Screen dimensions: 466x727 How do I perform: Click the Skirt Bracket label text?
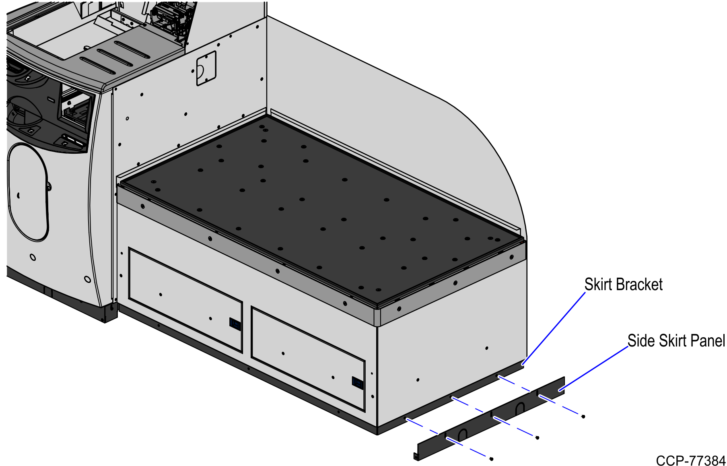pyautogui.click(x=623, y=285)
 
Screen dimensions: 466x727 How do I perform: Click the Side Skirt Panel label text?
pyautogui.click(x=676, y=341)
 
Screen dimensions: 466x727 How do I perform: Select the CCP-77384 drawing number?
pyautogui.click(x=690, y=460)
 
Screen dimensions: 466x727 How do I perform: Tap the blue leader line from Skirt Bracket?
pyautogui.click(x=554, y=328)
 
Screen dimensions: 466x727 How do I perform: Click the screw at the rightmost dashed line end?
pyautogui.click(x=583, y=417)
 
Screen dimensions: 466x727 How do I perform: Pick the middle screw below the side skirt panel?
pyautogui.click(x=537, y=437)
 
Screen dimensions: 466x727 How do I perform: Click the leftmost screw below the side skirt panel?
pyautogui.click(x=491, y=459)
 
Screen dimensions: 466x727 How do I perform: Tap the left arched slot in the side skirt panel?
pyautogui.click(x=463, y=435)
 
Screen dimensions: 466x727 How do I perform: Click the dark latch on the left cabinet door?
pyautogui.click(x=235, y=324)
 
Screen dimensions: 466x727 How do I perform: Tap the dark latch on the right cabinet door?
pyautogui.click(x=357, y=383)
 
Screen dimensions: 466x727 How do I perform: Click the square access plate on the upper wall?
pyautogui.click(x=206, y=68)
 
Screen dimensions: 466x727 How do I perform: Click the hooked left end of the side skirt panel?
pyautogui.click(x=416, y=456)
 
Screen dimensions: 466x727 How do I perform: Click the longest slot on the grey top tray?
pyautogui.click(x=132, y=49)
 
